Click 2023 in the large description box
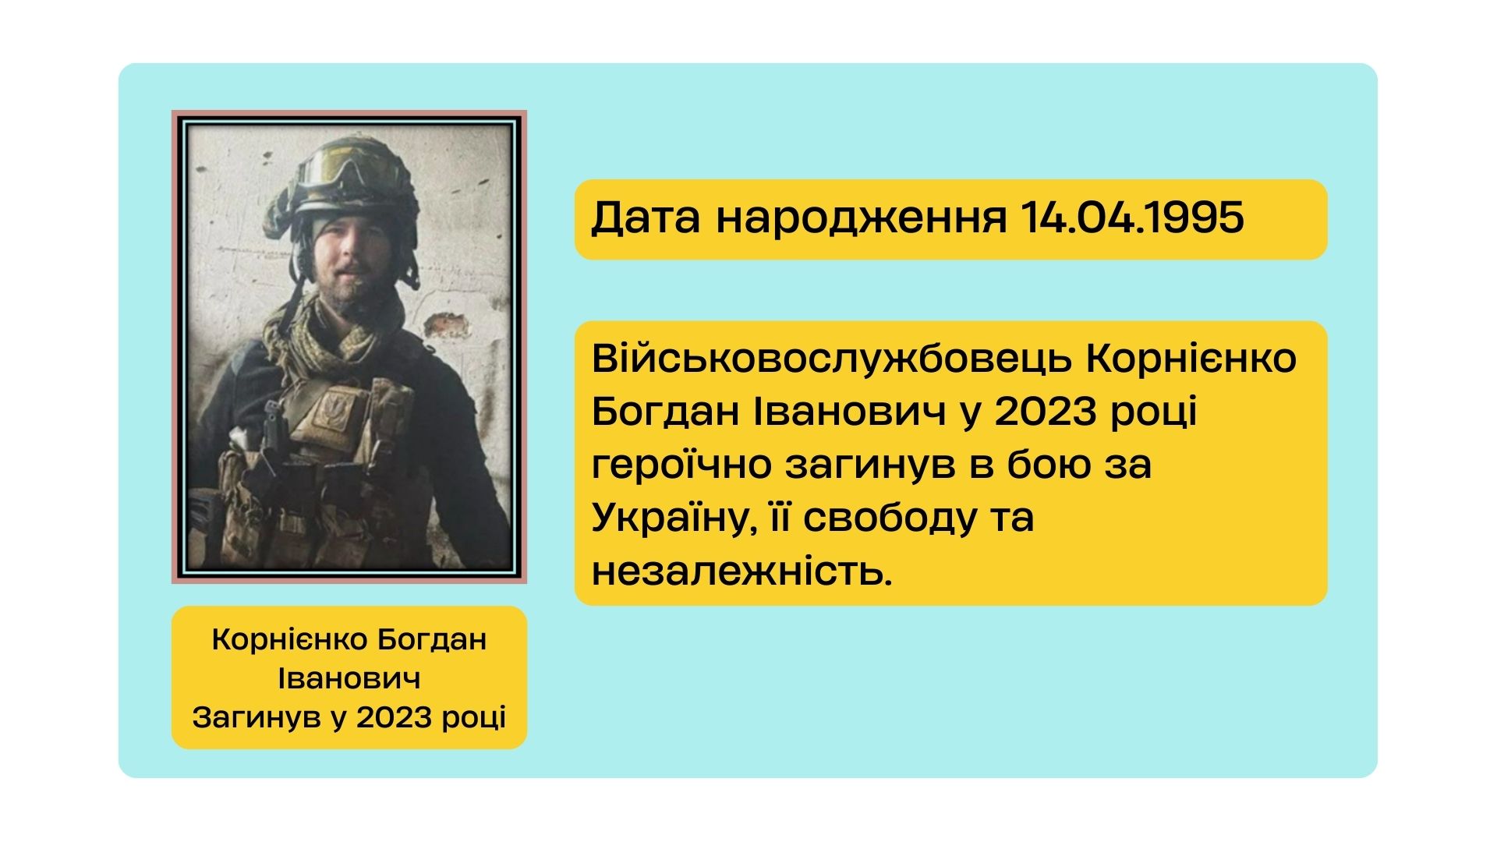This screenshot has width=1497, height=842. click(1046, 412)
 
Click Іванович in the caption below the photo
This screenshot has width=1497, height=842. click(349, 678)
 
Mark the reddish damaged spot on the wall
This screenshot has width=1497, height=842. click(448, 324)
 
